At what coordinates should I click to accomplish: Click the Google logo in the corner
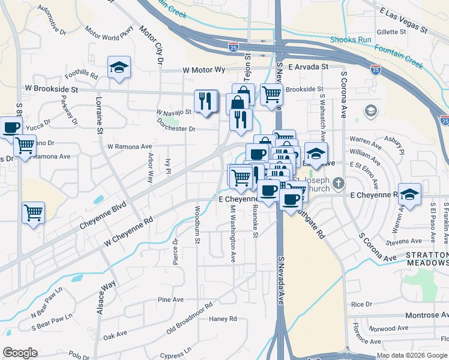click(x=20, y=353)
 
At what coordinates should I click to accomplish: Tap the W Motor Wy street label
click(x=204, y=70)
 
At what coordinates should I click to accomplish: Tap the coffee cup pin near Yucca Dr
click(x=11, y=127)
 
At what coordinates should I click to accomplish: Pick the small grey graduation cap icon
click(x=370, y=111)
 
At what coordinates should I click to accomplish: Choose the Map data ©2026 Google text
click(x=411, y=355)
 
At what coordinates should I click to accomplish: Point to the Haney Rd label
click(x=223, y=319)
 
